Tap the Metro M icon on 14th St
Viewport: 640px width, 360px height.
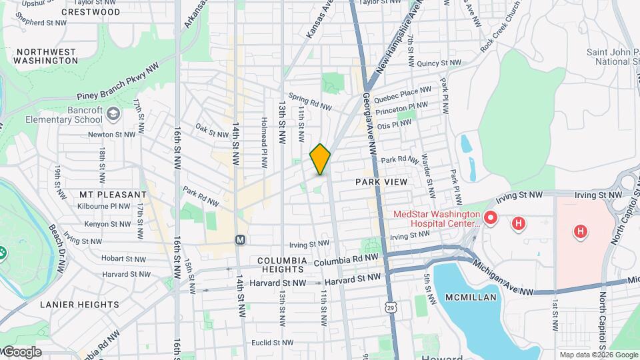240,239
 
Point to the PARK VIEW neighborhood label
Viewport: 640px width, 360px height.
381,181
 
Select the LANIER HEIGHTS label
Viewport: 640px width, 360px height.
79,305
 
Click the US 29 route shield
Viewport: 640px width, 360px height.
389,306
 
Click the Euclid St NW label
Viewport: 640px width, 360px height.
272,343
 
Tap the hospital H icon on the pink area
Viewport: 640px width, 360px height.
581,231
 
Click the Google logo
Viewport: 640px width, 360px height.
21,352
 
